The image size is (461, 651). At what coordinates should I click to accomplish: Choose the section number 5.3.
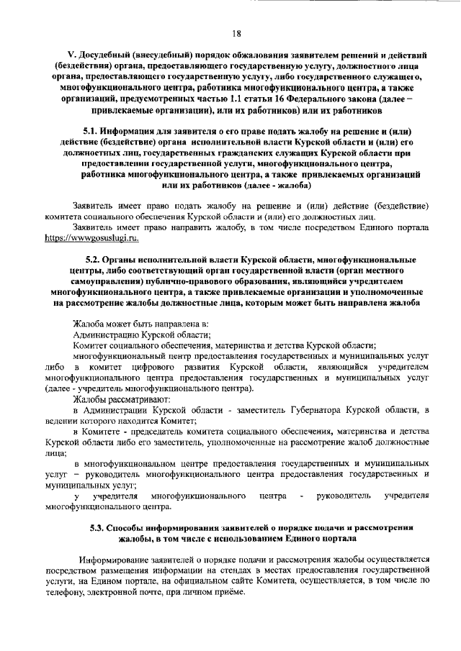[99, 528]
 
